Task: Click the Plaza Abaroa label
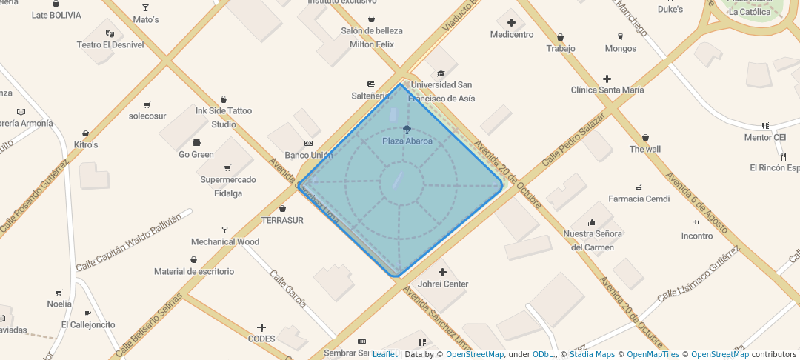(407, 141)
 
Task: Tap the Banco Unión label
(308, 155)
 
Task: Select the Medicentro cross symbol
(511, 23)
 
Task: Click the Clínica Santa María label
(607, 90)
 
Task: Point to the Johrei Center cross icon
(443, 273)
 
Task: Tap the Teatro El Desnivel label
(110, 44)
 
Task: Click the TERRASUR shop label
(282, 220)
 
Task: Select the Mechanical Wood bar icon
(225, 230)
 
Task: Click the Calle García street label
(287, 289)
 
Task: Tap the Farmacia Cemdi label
(639, 199)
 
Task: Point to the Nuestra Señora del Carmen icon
(592, 222)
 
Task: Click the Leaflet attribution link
(384, 354)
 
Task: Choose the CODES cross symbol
(261, 327)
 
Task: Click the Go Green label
(196, 155)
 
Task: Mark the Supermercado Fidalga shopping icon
(227, 168)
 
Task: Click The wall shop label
(644, 149)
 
